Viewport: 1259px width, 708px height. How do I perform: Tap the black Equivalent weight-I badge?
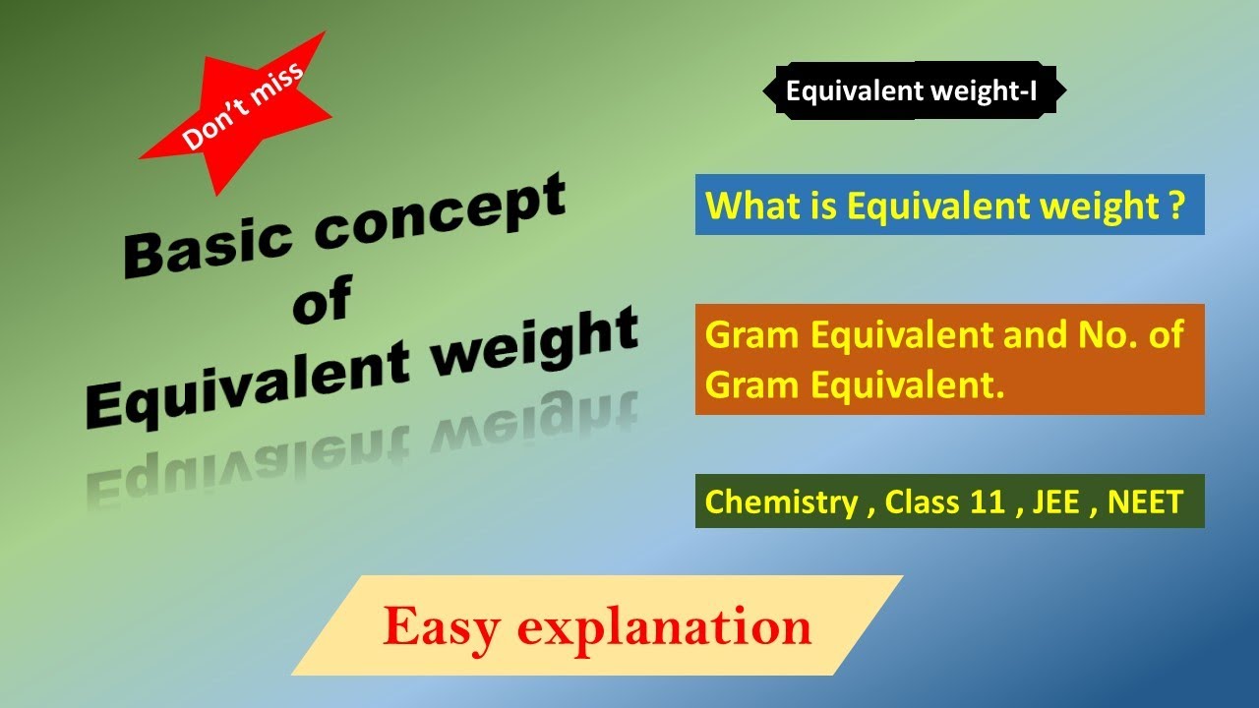coord(912,91)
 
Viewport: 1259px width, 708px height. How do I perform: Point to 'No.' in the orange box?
coord(1100,336)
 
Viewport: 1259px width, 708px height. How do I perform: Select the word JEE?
coord(1057,502)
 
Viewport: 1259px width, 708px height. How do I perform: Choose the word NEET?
coord(1145,502)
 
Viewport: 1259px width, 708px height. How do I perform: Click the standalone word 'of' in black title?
coord(321,300)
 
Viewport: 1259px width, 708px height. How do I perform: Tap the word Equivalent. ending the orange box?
coord(856,385)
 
